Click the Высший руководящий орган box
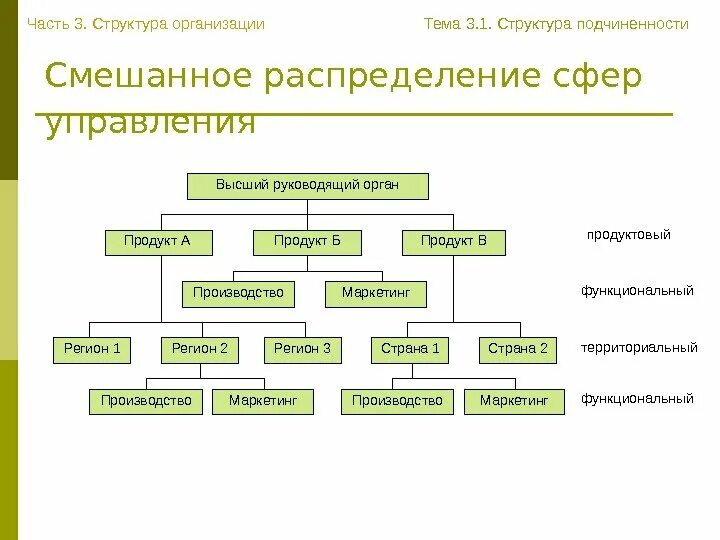tap(308, 186)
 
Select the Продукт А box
tap(157, 242)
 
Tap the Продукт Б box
tap(307, 242)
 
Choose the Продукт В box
tap(454, 242)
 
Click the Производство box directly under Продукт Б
tap(238, 294)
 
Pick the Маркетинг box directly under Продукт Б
tap(376, 294)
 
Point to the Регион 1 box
tap(92, 350)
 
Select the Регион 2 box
tap(200, 350)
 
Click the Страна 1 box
tap(411, 350)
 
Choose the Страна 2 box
tap(518, 350)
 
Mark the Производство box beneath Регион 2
tap(146, 402)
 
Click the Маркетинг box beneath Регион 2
tap(263, 402)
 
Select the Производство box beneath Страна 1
tap(397, 402)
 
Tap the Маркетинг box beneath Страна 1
tap(514, 402)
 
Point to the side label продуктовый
tap(628, 235)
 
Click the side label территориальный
tap(639, 349)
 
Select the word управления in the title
tap(151, 124)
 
